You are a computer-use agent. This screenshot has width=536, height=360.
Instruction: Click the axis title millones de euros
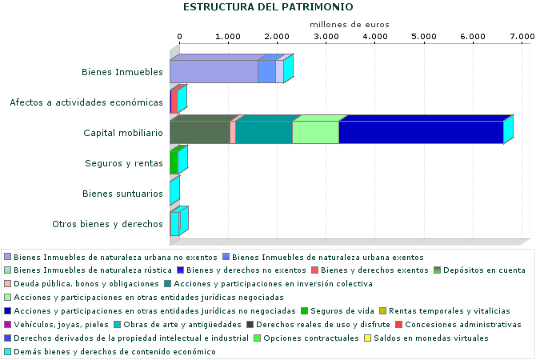349,24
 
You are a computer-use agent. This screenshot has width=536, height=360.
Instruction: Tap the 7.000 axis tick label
522,37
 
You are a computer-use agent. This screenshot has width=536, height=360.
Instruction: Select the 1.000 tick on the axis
228,37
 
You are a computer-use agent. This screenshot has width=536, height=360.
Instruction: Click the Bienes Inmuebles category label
122,72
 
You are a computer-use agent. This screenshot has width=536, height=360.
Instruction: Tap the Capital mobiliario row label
124,133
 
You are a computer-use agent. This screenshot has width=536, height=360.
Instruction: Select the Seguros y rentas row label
124,163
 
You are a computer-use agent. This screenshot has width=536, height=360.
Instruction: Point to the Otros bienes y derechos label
107,224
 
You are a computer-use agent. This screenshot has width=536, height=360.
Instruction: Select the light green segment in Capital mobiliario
315,132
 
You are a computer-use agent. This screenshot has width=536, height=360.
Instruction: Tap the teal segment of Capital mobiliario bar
263,132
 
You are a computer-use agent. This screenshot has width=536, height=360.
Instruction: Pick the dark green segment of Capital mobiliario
200,132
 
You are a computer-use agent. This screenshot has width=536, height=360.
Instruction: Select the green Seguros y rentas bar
174,162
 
